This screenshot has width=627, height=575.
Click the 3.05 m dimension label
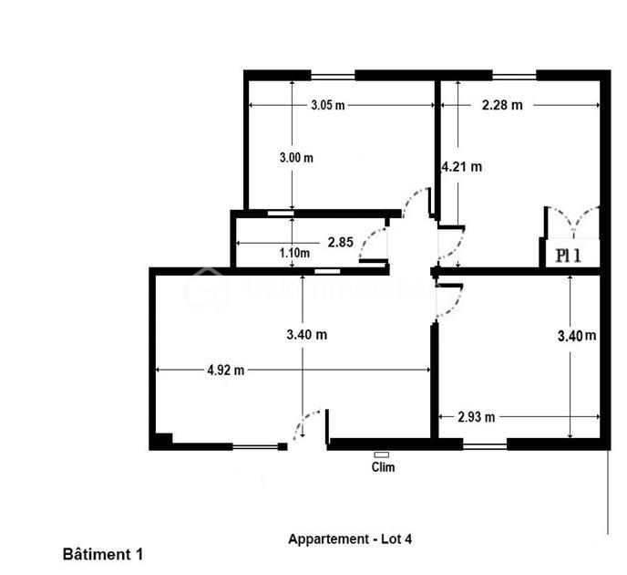327,105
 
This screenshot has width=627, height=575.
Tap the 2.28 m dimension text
502,105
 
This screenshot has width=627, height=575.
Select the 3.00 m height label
295,157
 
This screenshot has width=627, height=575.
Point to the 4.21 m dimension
461,166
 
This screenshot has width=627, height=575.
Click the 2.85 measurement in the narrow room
340,242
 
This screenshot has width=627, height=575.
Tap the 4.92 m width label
226,370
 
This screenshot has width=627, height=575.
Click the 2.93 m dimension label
477,417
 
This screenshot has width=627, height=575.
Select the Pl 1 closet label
568,256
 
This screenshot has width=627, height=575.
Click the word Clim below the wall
384,466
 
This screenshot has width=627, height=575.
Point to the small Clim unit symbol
381,454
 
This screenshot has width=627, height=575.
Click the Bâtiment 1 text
103,553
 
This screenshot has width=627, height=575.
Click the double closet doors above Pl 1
572,222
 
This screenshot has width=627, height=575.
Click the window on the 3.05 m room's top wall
332,75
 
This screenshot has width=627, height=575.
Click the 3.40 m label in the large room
306,335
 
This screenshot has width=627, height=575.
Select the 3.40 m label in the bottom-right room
576,336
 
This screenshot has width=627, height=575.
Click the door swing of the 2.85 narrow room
374,242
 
